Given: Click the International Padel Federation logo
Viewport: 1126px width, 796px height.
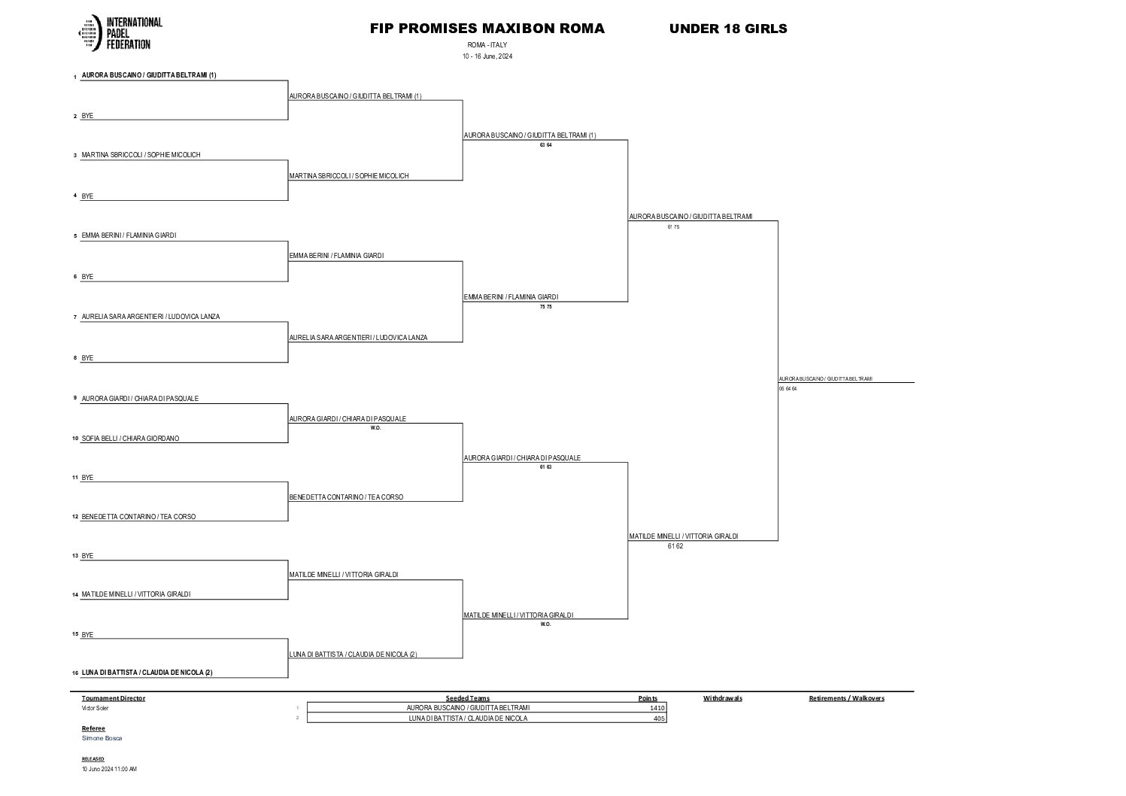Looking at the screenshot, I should [x=120, y=33].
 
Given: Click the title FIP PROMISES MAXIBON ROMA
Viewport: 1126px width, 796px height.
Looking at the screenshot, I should [x=487, y=29].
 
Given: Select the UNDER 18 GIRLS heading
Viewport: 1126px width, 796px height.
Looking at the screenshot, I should [x=727, y=29].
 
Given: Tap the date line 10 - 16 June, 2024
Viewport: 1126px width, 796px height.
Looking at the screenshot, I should [x=487, y=56].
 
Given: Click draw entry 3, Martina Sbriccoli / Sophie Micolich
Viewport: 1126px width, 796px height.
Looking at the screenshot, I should [x=141, y=155].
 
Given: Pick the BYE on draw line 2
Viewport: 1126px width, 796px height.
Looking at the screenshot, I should [x=87, y=116].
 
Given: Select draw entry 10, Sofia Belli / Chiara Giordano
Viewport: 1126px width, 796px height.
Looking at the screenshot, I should [x=130, y=439].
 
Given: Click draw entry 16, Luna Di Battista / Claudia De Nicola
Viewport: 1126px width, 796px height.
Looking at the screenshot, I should [x=147, y=673].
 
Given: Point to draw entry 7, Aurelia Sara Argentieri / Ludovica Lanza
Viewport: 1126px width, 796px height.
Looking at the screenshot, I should [x=150, y=317].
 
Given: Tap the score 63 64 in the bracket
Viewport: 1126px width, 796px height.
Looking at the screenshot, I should [x=545, y=145].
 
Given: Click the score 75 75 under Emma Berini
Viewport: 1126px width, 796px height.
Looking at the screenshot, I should [x=545, y=307].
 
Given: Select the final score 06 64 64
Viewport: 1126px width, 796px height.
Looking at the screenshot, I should [x=788, y=389].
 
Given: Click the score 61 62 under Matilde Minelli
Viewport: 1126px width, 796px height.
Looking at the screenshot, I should [x=675, y=546].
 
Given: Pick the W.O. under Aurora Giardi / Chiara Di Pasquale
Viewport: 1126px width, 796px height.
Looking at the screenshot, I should [x=375, y=428].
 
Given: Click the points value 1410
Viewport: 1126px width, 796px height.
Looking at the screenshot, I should [x=657, y=708].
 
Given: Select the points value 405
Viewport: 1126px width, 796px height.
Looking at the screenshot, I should [x=658, y=719].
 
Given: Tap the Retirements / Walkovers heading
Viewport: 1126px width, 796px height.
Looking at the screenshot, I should [x=846, y=698].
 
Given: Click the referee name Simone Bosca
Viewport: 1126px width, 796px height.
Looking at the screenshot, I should [x=102, y=738].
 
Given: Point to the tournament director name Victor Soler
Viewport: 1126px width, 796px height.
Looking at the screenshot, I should [x=95, y=708].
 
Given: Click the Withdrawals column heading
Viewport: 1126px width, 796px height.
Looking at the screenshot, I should [x=722, y=698].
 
